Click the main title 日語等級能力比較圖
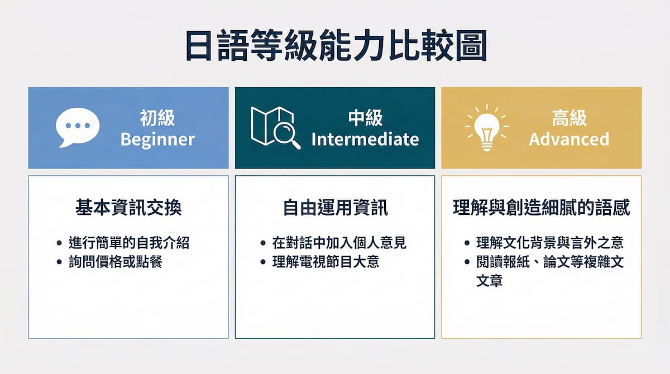(x=335, y=47)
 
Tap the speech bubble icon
(x=78, y=127)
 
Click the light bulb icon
(x=486, y=127)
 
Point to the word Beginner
(x=157, y=139)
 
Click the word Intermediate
(x=365, y=139)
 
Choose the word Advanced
(x=568, y=139)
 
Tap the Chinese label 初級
(x=157, y=118)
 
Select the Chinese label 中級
(x=365, y=118)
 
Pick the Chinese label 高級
(x=568, y=118)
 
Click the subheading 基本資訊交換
(x=128, y=208)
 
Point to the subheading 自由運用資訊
(x=335, y=208)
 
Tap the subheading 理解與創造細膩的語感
(x=541, y=208)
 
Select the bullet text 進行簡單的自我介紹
(x=128, y=243)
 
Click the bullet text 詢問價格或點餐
(x=115, y=261)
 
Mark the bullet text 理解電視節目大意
(x=326, y=261)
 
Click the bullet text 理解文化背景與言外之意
(x=549, y=243)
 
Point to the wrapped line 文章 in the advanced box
(x=489, y=280)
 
